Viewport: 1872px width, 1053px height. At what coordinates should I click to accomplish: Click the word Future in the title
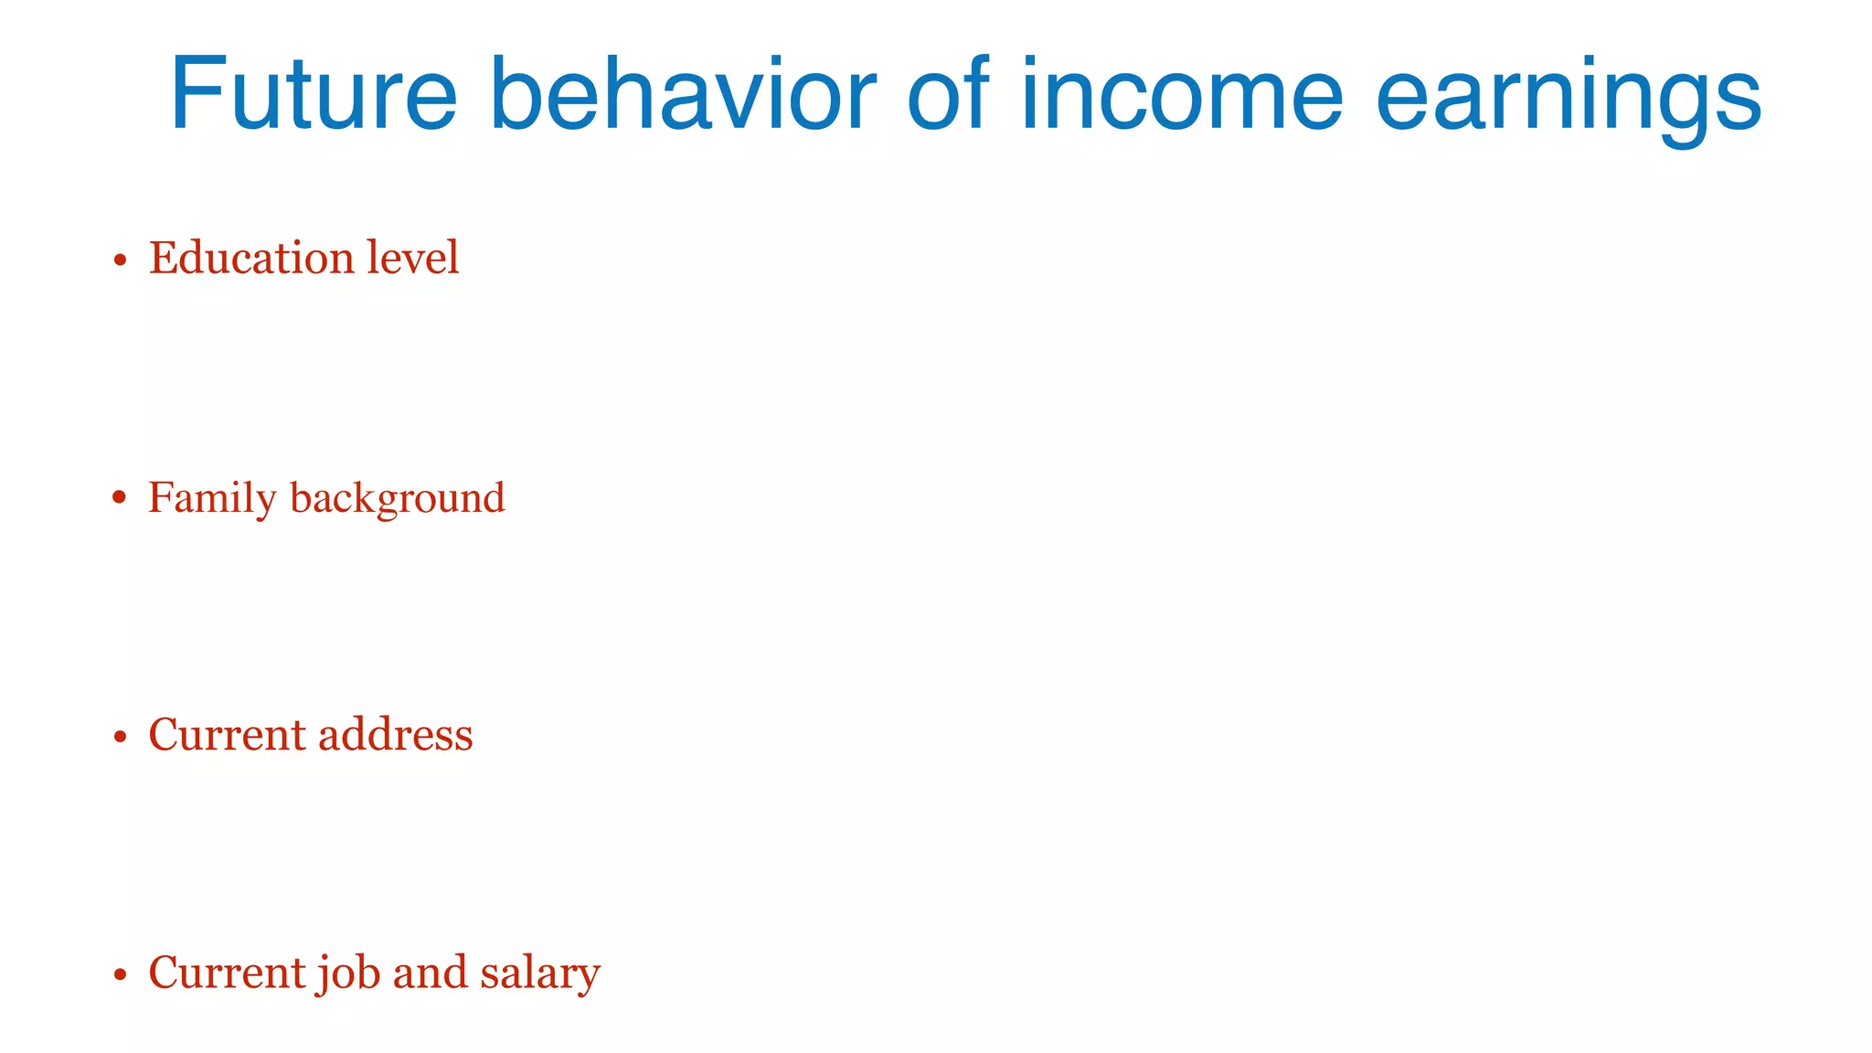click(313, 95)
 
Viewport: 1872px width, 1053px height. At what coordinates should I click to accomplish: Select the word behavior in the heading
click(683, 95)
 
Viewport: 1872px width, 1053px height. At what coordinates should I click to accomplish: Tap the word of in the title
click(948, 95)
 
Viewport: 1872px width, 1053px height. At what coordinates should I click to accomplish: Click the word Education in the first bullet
click(251, 258)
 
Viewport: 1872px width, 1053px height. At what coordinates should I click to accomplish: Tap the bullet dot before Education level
click(119, 261)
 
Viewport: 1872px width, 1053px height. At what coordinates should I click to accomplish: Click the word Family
click(212, 499)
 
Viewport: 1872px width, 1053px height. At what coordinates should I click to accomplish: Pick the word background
click(397, 499)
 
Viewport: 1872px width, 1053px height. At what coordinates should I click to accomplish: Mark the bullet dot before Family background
click(119, 498)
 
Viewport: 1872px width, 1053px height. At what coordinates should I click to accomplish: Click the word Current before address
click(227, 735)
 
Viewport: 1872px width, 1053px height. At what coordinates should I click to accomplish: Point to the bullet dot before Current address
click(119, 737)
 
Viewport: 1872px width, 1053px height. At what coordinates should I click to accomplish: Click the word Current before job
click(227, 973)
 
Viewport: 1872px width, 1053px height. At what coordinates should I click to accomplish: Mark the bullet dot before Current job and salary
click(119, 974)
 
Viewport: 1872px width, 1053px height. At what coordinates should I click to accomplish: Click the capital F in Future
click(196, 95)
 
